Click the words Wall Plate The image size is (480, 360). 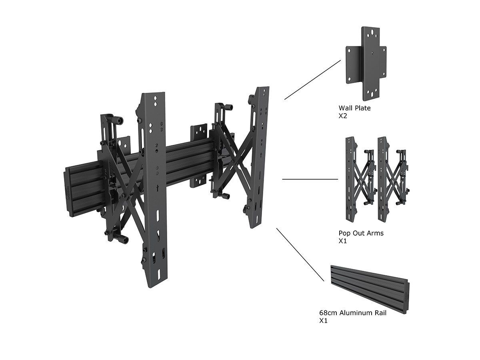pyautogui.click(x=354, y=108)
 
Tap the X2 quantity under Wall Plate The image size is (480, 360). pyautogui.click(x=343, y=116)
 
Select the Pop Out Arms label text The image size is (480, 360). pyautogui.click(x=361, y=233)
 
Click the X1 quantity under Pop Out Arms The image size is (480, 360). pyautogui.click(x=343, y=241)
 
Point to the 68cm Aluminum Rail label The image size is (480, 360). pyautogui.click(x=353, y=313)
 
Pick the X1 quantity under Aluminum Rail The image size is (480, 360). pyautogui.click(x=324, y=321)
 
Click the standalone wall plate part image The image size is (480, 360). pyautogui.click(x=366, y=64)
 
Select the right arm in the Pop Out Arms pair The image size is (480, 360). pyautogui.click(x=394, y=179)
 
